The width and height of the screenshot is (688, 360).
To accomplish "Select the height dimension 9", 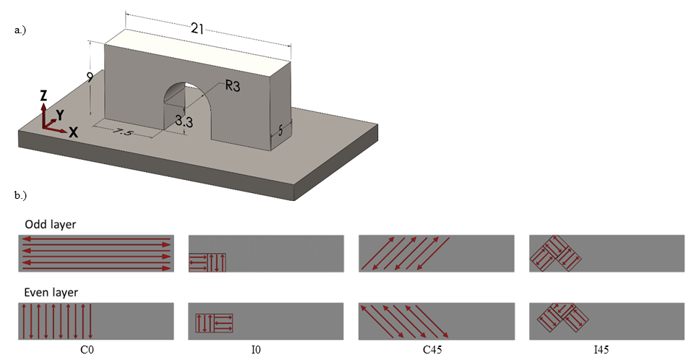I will click(x=90, y=77).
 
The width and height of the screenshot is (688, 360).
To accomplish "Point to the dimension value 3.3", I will click(x=184, y=122).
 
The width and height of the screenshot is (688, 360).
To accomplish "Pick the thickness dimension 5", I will click(x=281, y=131).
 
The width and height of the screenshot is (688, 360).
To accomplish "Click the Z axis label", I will click(x=44, y=95).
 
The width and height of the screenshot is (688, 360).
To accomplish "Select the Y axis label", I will click(x=61, y=114).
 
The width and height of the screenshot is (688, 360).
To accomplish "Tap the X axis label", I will click(x=73, y=132).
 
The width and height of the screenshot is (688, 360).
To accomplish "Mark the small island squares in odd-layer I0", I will click(x=207, y=263).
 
